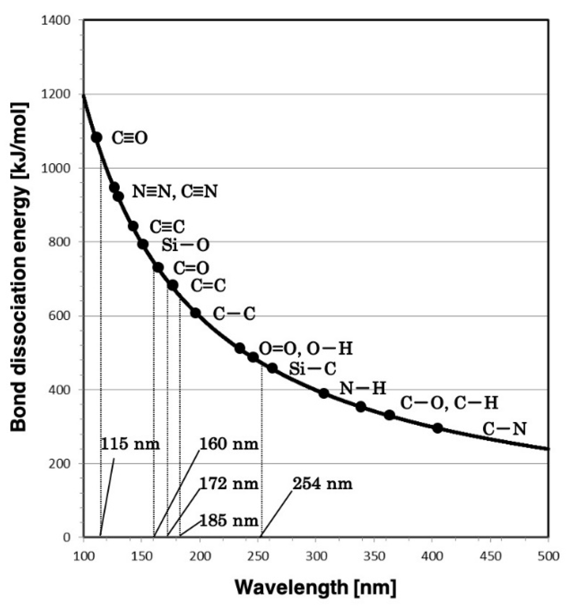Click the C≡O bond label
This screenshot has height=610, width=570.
coord(129,138)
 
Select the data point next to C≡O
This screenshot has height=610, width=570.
coord(96,137)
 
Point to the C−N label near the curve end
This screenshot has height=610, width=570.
coord(504,429)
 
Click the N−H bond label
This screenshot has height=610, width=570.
coord(362,388)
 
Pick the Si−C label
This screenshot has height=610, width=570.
coord(312,369)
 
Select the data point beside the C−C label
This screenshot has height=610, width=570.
coord(195,313)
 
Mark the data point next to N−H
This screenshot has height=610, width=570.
coord(324,393)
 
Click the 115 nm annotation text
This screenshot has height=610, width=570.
coord(130,444)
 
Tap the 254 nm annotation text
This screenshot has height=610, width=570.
coord(322,484)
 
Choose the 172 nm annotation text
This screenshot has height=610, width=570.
coord(229,484)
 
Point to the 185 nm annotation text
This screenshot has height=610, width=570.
coord(229,521)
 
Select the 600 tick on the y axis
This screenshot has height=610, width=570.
coord(60,316)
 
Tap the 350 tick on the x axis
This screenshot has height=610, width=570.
coord(374,556)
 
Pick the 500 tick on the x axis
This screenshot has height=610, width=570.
coord(548,556)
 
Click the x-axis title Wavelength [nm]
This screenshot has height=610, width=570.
coord(315,587)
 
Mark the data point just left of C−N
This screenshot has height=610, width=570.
coord(437,428)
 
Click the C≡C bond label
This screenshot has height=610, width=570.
coord(167,226)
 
